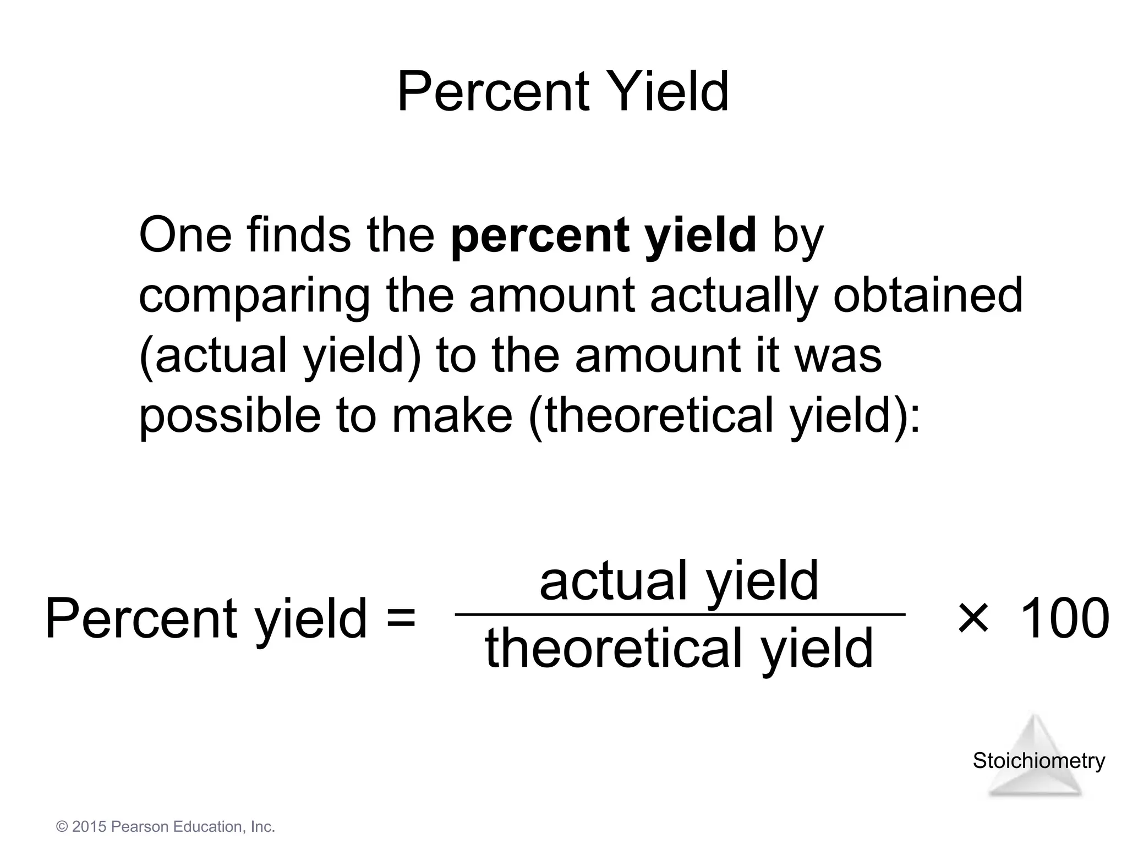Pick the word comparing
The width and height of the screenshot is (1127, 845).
coord(254,298)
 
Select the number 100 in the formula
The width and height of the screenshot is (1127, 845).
coord(1064,618)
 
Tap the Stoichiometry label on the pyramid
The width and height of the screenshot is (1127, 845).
coord(1038,761)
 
